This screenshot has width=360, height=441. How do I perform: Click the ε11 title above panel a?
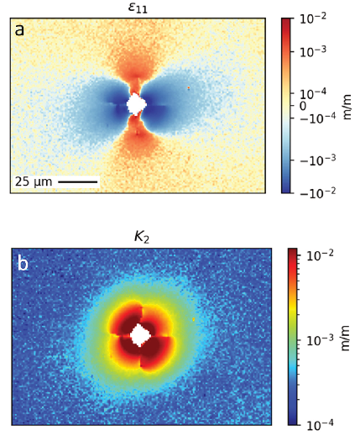(138, 8)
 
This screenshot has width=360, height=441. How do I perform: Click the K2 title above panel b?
(142, 238)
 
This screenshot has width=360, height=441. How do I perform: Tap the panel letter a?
(19, 30)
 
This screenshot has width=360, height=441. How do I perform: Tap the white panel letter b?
(23, 264)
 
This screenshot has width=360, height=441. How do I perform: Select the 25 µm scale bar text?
(34, 181)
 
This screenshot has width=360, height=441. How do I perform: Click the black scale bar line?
(77, 182)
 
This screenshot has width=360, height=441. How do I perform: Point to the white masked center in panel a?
(136, 104)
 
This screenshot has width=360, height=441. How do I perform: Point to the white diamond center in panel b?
(140, 335)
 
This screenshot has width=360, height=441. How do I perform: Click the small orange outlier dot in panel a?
(189, 88)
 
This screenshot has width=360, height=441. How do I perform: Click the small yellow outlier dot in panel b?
(194, 319)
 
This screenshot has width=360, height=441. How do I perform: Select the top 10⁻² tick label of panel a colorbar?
(313, 19)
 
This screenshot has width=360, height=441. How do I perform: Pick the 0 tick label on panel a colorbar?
(303, 106)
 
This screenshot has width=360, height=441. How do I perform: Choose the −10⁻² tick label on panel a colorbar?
(317, 192)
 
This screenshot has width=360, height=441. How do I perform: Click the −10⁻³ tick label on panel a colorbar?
(317, 160)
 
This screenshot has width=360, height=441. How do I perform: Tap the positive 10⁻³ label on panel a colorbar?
(313, 51)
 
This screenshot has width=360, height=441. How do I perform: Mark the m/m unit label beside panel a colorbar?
(347, 107)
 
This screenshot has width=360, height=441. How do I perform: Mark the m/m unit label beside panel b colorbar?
(345, 338)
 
